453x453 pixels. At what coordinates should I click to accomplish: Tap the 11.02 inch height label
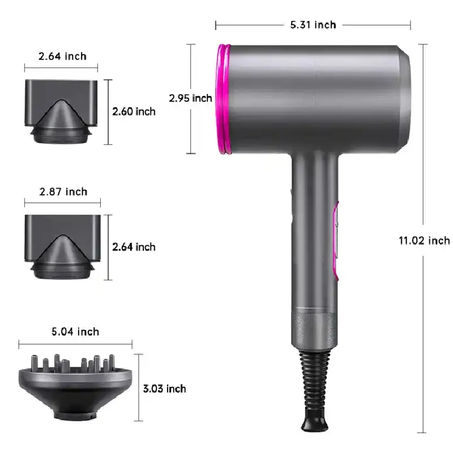click(x=424, y=241)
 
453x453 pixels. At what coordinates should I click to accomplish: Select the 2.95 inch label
click(x=190, y=98)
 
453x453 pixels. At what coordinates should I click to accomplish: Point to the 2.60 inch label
click(x=134, y=112)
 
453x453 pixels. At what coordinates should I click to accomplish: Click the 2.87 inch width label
click(x=63, y=192)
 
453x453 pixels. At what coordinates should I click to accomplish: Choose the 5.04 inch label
click(x=75, y=331)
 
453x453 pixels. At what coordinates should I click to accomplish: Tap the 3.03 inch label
click(x=164, y=388)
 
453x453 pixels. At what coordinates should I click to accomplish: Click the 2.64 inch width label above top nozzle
click(x=62, y=56)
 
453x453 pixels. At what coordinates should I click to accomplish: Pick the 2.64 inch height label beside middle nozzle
click(x=134, y=247)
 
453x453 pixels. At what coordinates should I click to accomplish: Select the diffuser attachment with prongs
click(x=75, y=385)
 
